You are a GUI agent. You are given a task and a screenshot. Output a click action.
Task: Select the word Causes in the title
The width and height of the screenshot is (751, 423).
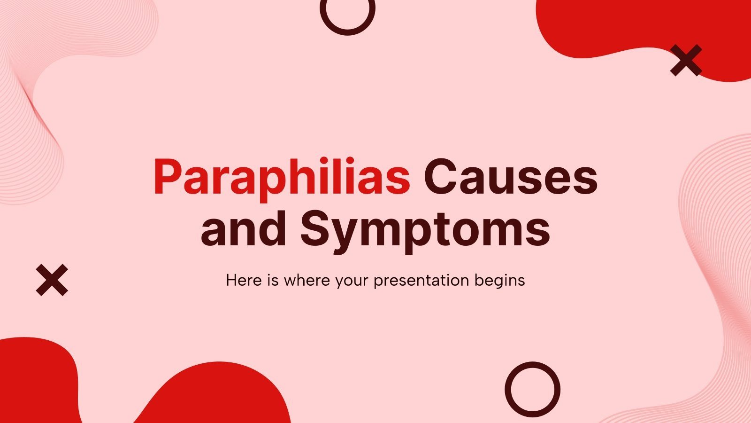511,178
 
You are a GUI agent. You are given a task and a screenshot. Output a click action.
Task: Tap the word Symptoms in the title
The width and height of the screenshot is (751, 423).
425,230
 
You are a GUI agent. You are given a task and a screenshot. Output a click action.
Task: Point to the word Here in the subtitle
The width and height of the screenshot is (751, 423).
241,281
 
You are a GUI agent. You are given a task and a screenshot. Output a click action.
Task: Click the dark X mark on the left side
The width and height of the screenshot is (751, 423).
52,280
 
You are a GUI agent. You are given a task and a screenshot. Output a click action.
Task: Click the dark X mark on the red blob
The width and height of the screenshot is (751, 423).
686,60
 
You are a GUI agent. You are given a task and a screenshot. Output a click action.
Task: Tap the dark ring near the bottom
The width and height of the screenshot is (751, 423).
532,389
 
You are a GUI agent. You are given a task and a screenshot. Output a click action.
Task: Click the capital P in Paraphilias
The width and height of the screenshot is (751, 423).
165,178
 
